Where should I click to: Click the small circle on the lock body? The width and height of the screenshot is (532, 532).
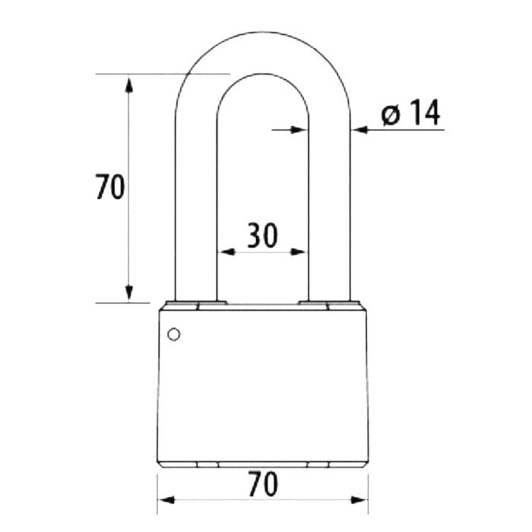click(173, 334)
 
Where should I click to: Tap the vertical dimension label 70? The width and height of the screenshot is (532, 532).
click(110, 187)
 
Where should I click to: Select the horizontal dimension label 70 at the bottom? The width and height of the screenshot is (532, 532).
click(262, 484)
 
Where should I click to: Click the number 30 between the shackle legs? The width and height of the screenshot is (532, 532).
click(262, 236)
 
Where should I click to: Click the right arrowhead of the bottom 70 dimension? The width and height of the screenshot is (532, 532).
click(360, 500)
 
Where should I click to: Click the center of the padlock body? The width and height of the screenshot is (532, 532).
click(262, 385)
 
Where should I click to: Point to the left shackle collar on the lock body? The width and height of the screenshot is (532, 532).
click(195, 306)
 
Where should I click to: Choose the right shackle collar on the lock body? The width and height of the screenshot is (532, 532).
click(329, 306)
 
